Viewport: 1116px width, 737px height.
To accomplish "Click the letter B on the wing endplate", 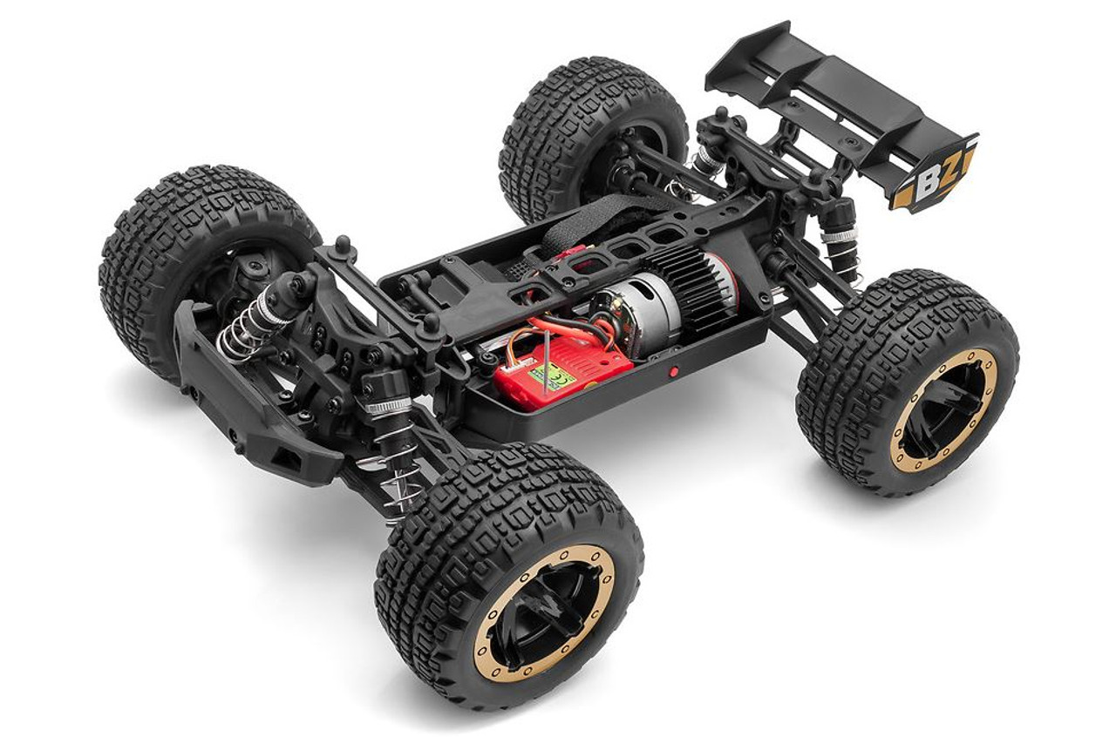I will [925, 183].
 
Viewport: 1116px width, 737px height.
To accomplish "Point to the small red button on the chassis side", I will [672, 372].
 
